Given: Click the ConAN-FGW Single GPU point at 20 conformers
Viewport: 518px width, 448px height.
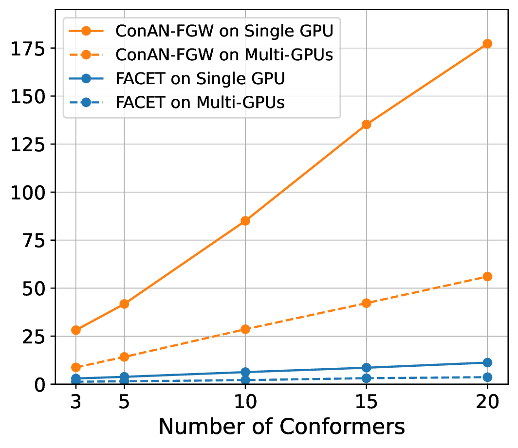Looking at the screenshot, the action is (487, 44).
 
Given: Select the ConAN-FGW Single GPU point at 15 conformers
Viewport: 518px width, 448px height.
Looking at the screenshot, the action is (367, 125).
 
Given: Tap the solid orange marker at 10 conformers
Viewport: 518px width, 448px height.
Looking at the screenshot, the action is (245, 221).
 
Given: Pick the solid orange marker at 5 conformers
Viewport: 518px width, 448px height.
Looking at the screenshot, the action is (124, 304).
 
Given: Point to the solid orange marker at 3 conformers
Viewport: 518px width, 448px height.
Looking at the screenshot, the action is (76, 330).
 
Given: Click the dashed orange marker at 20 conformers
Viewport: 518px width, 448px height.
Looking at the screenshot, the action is (487, 277).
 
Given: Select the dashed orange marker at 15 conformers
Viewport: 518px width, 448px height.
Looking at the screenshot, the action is (367, 303).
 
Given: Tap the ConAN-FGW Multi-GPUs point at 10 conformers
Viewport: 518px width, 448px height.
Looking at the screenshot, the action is (245, 329).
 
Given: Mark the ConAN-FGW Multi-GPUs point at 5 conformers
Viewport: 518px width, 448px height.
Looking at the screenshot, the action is (124, 357).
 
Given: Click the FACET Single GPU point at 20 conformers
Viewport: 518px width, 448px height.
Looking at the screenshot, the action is (487, 362).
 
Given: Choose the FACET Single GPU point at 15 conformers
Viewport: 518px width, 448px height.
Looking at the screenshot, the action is (367, 368).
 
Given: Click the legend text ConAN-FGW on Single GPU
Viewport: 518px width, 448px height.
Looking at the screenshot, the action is (224, 31).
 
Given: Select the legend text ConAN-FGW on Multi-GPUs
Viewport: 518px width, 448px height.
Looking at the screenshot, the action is (224, 55).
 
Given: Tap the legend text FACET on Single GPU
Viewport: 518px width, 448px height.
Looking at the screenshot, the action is (200, 79).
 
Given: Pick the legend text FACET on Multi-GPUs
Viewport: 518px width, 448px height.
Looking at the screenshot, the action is (200, 103).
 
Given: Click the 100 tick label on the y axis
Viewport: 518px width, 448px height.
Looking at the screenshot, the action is (28, 193).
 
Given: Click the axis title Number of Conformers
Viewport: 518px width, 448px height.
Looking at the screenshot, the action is (281, 427).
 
